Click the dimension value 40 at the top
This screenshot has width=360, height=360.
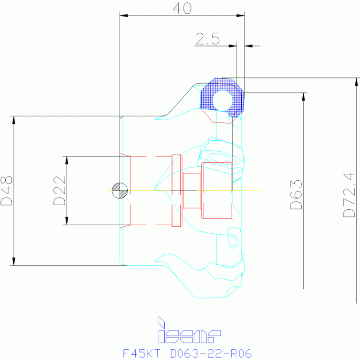click(182, 8)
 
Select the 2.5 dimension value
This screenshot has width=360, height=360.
click(208, 39)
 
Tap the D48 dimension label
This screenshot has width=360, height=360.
click(7, 191)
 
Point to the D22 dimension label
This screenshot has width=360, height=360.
click(60, 191)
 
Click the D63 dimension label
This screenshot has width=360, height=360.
click(296, 194)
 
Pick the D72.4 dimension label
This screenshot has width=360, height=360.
click(349, 195)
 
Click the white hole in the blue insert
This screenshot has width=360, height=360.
click(222, 100)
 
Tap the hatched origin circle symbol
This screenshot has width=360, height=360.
click(120, 191)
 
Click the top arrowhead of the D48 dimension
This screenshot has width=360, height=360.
click(15, 119)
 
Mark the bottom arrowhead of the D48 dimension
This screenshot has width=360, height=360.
click(15, 261)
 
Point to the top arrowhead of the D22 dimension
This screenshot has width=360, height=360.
click(67, 160)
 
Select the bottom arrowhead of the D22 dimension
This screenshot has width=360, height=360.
click(67, 221)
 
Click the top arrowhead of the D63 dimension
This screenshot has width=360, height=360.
click(304, 97)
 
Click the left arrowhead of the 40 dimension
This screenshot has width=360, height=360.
click(124, 15)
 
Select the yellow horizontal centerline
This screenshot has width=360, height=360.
click(253, 191)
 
